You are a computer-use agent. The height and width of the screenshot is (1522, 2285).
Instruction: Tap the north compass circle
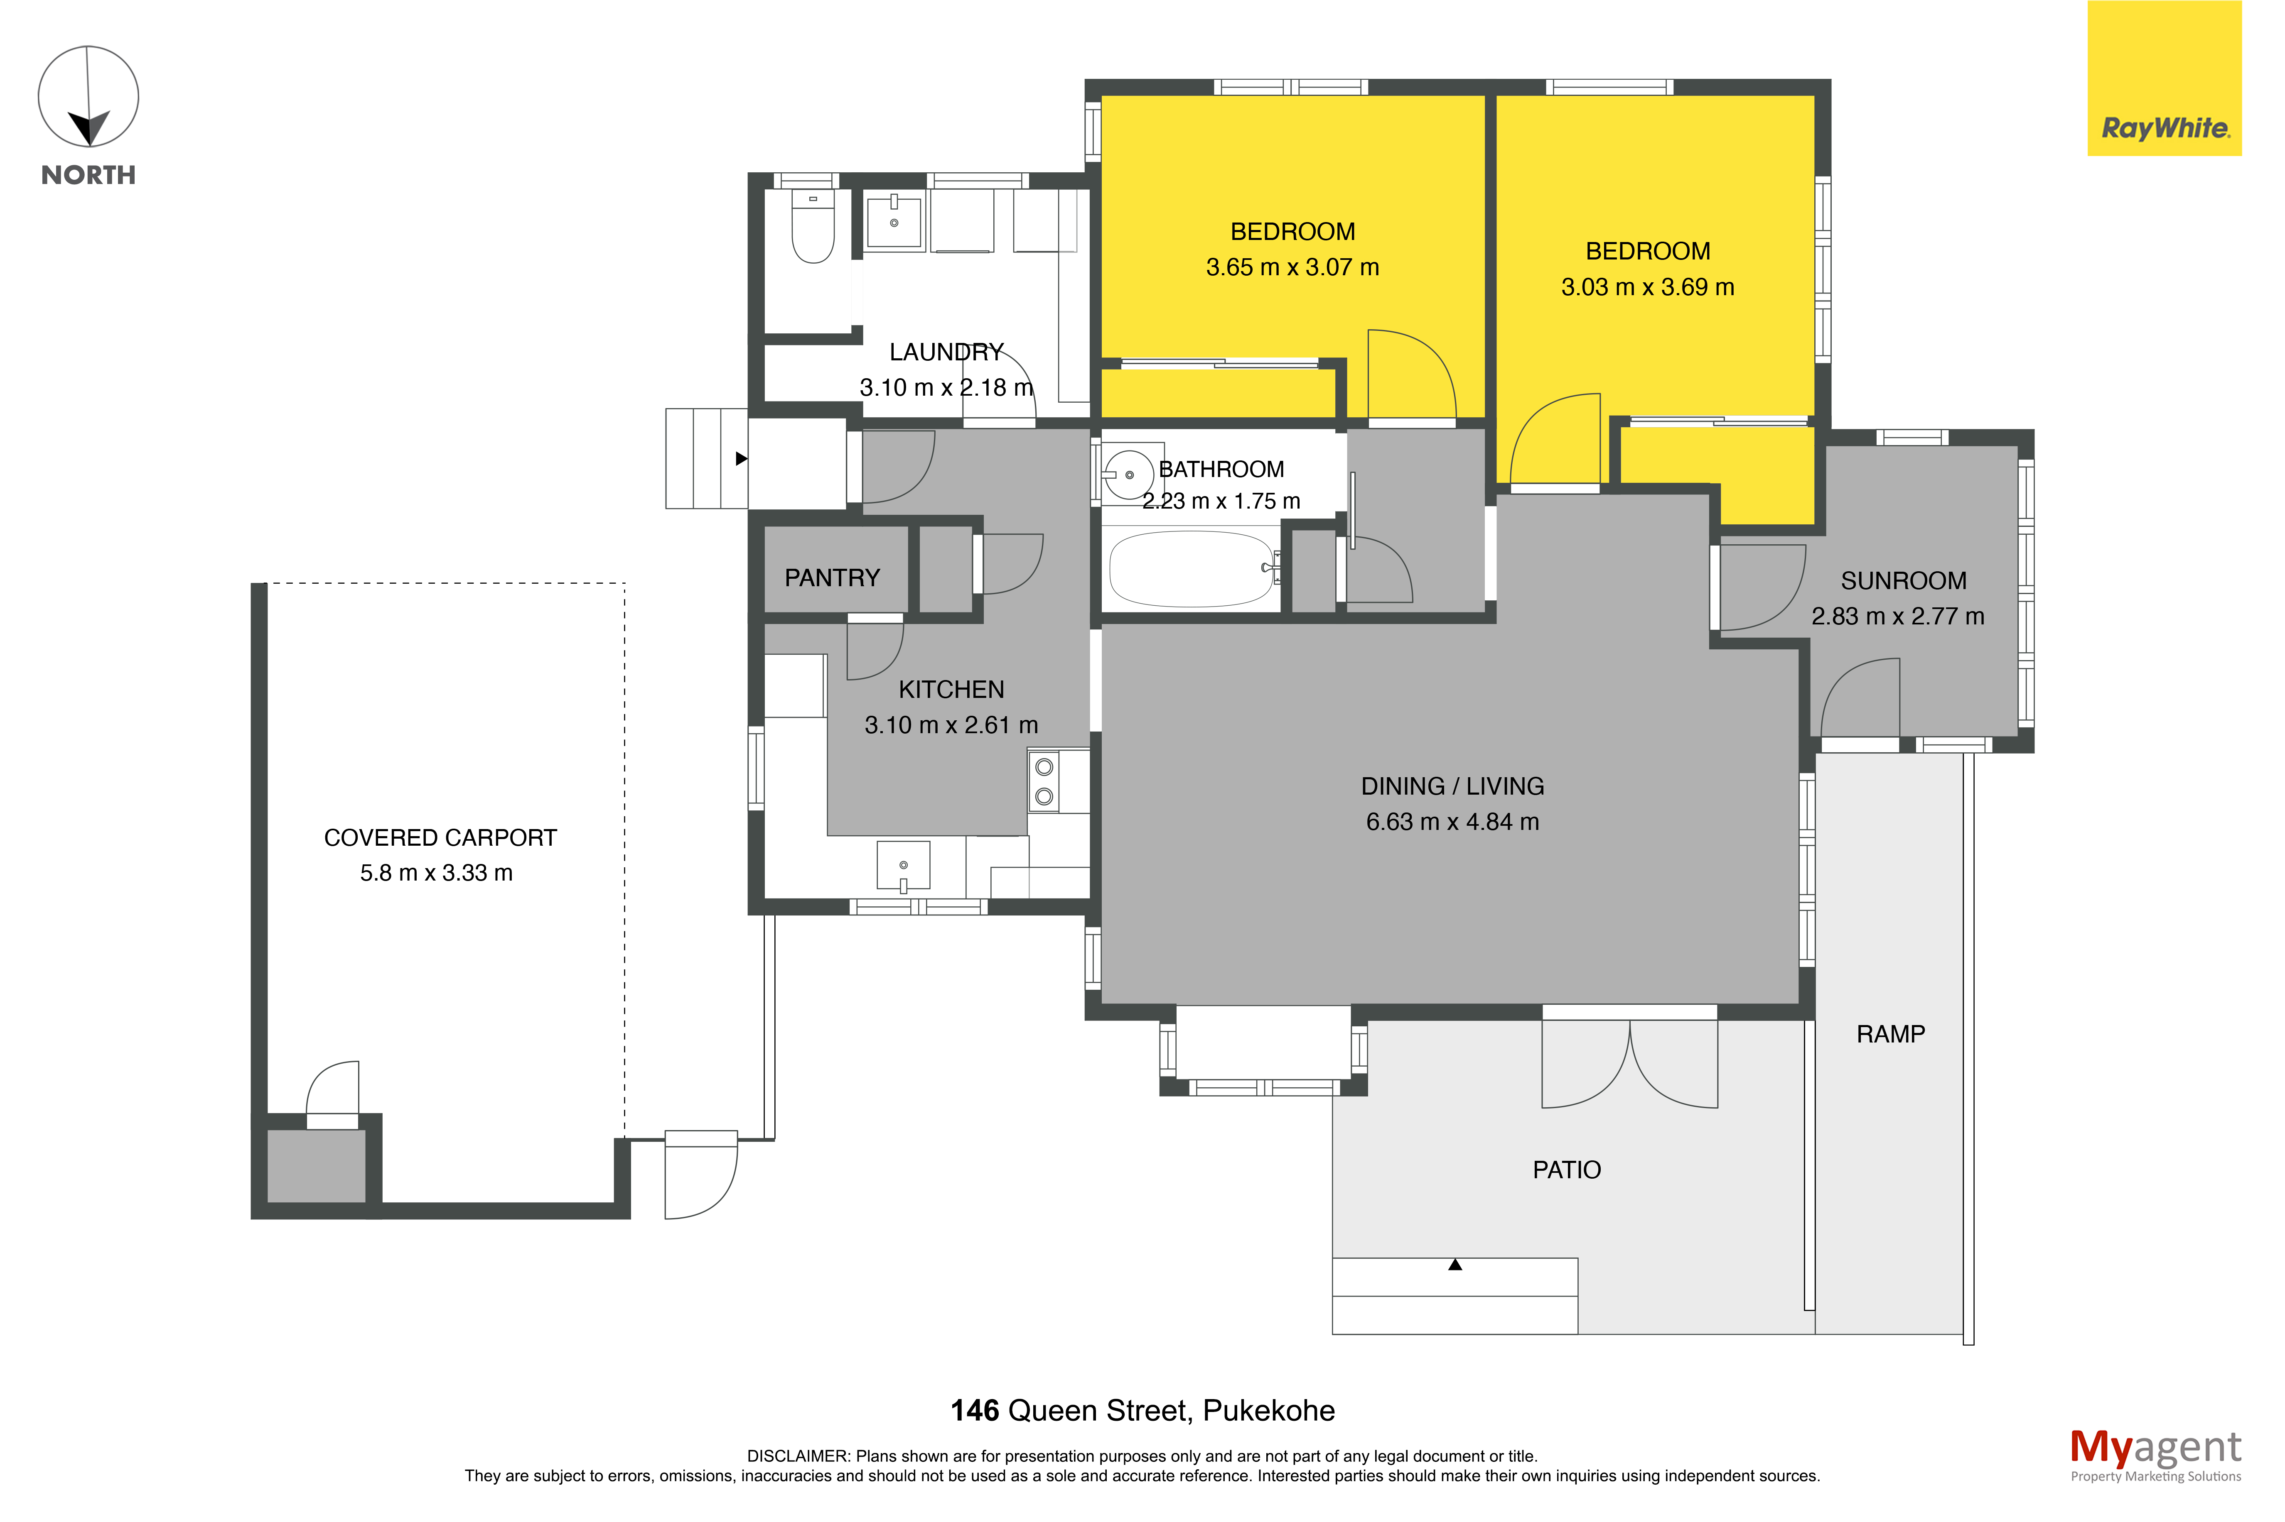[x=88, y=96]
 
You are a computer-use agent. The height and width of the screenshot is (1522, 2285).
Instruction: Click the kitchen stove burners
[x=1044, y=781]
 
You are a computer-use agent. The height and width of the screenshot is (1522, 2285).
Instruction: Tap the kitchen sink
[x=903, y=866]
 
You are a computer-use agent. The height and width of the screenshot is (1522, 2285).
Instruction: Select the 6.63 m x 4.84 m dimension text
[x=1452, y=822]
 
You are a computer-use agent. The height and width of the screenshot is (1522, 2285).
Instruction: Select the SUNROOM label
[x=1903, y=580]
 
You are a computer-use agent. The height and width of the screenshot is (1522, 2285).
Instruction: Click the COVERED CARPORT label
[x=440, y=838]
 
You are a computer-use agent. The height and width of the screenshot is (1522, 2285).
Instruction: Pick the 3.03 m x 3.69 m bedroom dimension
[x=1647, y=287]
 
